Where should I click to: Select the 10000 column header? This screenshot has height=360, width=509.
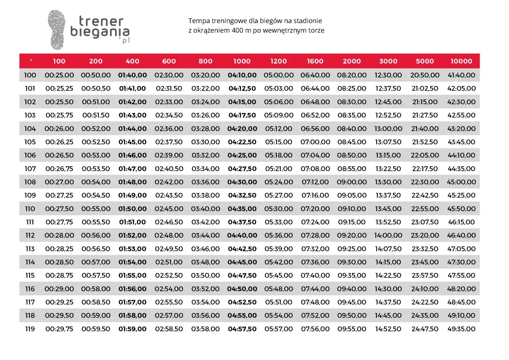(461, 61)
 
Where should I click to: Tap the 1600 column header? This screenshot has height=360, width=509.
(315, 61)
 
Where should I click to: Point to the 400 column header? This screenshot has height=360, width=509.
(132, 61)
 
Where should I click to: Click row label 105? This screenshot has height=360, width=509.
(30, 142)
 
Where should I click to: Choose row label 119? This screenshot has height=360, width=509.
(30, 329)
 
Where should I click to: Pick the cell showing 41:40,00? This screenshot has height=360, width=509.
(461, 75)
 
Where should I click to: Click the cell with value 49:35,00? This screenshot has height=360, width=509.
(461, 329)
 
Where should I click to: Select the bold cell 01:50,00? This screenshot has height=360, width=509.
(132, 209)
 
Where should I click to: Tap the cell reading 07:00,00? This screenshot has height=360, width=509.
(315, 142)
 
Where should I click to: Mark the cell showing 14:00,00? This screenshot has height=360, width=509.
(388, 235)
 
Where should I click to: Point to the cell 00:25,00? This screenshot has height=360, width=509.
(59, 75)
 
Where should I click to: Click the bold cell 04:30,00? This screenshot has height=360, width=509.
(242, 182)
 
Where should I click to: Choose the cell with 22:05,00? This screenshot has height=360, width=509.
(425, 156)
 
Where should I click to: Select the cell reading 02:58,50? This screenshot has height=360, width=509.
(169, 329)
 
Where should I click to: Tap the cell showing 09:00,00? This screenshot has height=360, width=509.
(352, 182)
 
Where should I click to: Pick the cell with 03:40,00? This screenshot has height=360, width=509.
(206, 209)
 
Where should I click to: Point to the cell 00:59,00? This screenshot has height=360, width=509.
(96, 315)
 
